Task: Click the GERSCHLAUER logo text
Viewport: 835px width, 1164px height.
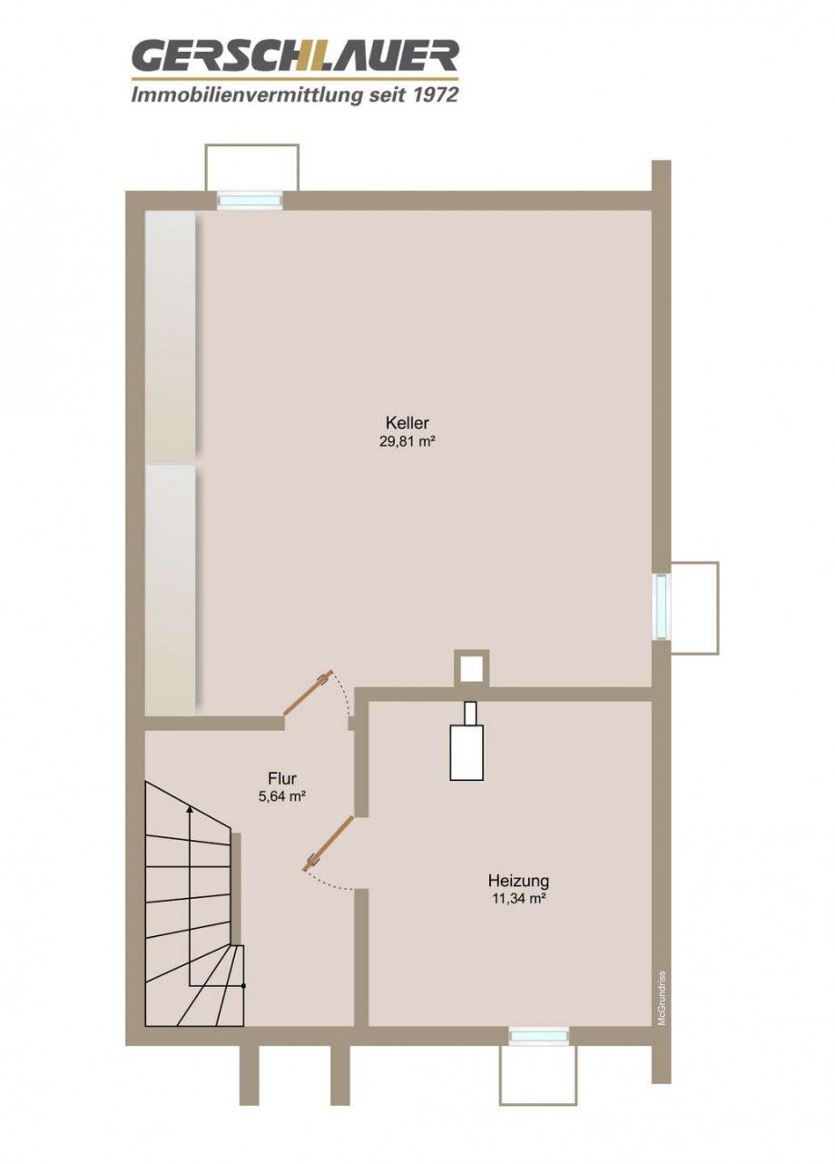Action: tap(295, 57)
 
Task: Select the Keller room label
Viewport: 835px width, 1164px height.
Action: tap(407, 423)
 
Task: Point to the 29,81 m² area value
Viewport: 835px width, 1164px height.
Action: tap(407, 442)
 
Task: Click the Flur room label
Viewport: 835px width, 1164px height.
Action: tap(282, 778)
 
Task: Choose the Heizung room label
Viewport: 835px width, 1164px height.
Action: tap(518, 881)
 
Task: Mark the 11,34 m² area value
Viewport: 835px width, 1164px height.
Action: tap(518, 900)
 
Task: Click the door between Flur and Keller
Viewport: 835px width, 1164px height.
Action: tap(307, 695)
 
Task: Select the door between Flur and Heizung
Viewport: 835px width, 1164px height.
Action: tap(329, 843)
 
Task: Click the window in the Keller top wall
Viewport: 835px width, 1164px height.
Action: tap(250, 201)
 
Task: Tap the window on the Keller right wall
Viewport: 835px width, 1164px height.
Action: tap(662, 607)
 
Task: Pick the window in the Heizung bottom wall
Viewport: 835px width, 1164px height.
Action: tap(538, 1036)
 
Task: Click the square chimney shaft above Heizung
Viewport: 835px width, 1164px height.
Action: tap(470, 668)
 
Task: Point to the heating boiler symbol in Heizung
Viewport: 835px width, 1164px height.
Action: tap(467, 746)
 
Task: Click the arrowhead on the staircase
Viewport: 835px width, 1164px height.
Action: tap(189, 808)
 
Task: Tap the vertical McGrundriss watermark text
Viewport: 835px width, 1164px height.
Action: tap(662, 996)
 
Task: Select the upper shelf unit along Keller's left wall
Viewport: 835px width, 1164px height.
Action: tap(171, 336)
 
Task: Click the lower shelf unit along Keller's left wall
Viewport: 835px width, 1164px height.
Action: tap(171, 588)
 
